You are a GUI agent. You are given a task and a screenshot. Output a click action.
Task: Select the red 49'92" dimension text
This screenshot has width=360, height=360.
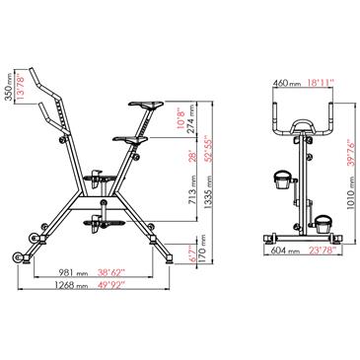[111, 285]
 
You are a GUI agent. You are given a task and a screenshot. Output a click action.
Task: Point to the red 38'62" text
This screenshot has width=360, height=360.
[111, 272]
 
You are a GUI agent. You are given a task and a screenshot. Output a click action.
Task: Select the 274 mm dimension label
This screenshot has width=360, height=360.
[193, 117]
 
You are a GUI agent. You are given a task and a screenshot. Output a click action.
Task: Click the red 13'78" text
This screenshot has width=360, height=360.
[21, 87]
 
